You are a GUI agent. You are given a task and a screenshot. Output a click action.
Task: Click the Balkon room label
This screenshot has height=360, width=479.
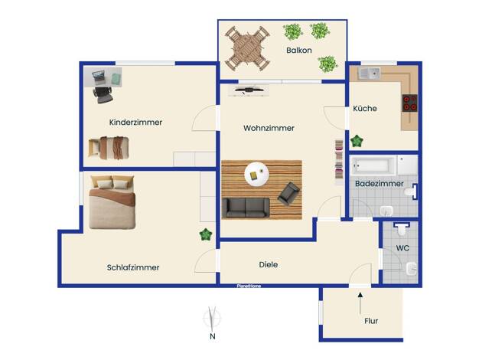point(298,50)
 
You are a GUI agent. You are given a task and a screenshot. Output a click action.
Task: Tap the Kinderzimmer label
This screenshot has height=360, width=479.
point(135,123)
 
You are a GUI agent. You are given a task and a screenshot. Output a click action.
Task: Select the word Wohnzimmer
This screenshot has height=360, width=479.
point(269,128)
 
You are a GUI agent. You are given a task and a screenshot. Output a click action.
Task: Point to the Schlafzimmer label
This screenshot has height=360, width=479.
point(133,267)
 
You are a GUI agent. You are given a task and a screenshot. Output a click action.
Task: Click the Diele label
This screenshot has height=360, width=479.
point(269,264)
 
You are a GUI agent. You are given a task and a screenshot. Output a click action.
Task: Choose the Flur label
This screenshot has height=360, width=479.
point(371,321)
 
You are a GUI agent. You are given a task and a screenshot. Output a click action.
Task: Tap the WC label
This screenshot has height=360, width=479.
point(402,248)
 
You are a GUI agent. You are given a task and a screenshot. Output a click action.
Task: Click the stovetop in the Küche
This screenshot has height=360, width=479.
point(409,103)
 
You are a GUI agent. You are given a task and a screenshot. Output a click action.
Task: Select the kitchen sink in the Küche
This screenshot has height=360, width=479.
point(369,74)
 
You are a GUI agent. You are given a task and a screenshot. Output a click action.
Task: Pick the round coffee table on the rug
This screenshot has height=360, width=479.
point(256,175)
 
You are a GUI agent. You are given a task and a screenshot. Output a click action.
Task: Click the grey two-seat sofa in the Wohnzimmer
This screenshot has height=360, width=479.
point(246,208)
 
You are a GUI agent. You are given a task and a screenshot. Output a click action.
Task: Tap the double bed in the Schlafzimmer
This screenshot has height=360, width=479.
point(112,202)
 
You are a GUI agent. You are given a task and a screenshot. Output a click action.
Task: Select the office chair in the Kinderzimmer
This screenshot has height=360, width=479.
point(103,95)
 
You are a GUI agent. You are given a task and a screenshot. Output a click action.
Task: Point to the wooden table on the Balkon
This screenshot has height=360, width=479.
point(247,48)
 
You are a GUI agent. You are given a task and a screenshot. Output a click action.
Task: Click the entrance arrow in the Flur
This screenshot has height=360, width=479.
point(360,303)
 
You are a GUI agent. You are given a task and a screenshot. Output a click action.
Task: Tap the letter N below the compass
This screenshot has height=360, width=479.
point(213,336)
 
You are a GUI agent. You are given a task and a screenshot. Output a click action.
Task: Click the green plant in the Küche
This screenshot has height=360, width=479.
point(357,141)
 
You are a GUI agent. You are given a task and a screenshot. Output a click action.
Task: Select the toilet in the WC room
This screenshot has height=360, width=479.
point(402,229)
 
